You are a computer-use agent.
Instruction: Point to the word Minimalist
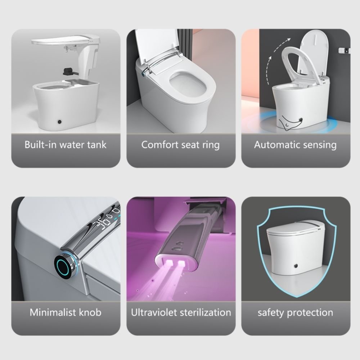pos(53,312)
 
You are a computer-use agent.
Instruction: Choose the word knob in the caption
pos(90,312)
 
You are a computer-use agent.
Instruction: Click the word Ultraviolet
pos(154,312)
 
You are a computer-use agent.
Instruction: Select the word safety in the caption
pos(271,313)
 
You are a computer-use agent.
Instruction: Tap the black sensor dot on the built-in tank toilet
pos(60,121)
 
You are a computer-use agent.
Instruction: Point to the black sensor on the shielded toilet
pos(296,266)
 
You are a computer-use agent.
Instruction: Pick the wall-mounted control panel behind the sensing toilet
pos(345,50)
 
